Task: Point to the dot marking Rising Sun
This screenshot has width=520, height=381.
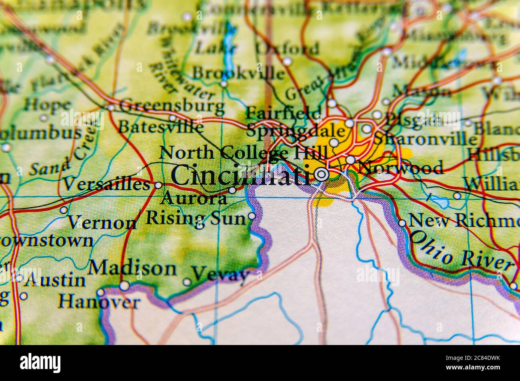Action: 252,216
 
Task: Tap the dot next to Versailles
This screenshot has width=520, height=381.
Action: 158,185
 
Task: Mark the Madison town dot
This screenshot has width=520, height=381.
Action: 125,285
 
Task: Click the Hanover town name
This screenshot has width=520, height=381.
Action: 99,302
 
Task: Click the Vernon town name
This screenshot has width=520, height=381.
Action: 102,222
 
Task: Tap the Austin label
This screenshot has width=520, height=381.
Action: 55,280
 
